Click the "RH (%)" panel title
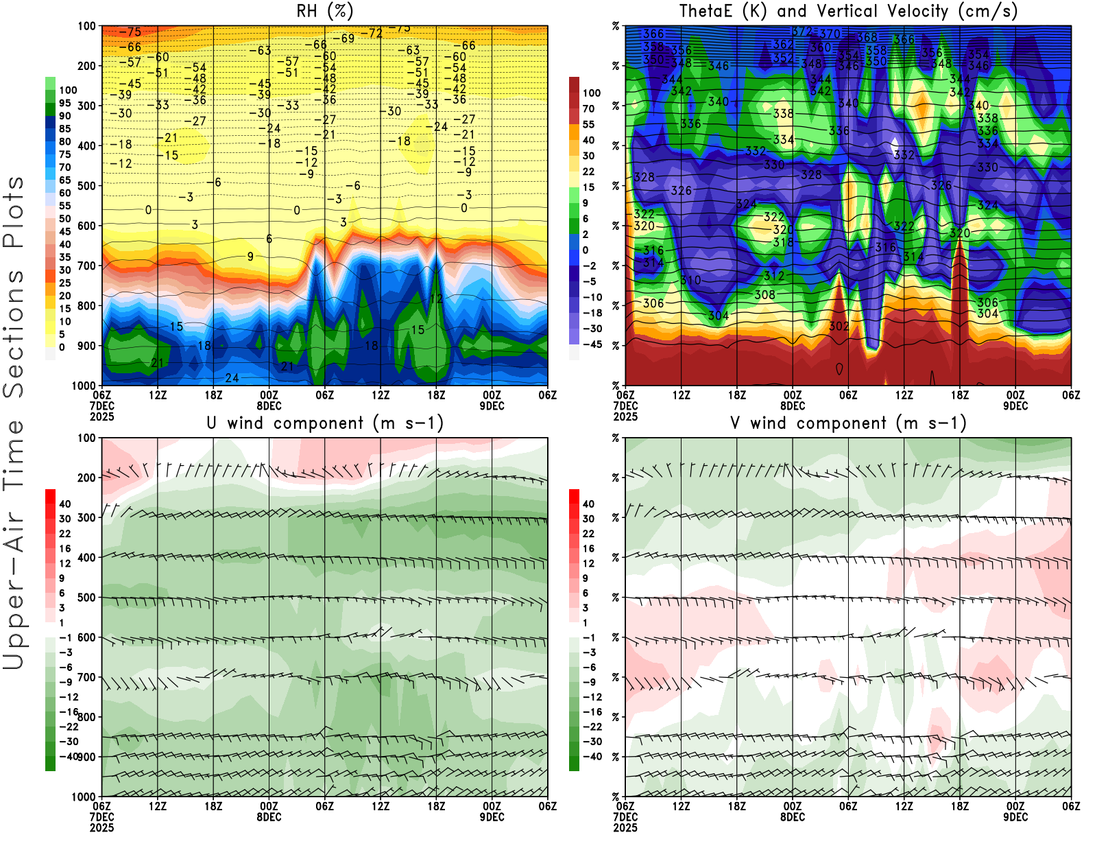[325, 11]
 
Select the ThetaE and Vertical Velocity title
[848, 11]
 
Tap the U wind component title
[325, 423]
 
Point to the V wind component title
[848, 423]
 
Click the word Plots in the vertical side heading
[14, 211]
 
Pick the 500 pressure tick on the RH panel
[86, 186]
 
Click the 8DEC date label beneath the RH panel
[269, 405]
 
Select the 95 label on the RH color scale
[65, 103]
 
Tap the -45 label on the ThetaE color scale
[592, 344]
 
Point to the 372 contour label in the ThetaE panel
[801, 32]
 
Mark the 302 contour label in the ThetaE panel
[839, 327]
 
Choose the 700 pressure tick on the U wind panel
[86, 677]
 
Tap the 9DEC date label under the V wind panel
[1015, 817]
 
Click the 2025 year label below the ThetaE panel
[625, 416]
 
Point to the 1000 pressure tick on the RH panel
[84, 386]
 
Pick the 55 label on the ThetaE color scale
[588, 124]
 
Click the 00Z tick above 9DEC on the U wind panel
[492, 806]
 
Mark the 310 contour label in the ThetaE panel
[690, 281]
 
